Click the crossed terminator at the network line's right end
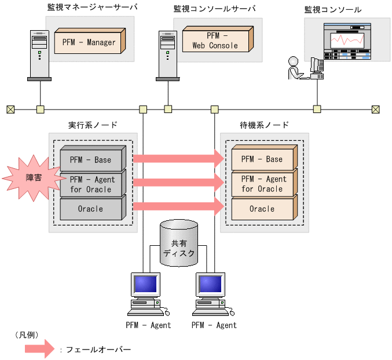[x=376, y=108]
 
